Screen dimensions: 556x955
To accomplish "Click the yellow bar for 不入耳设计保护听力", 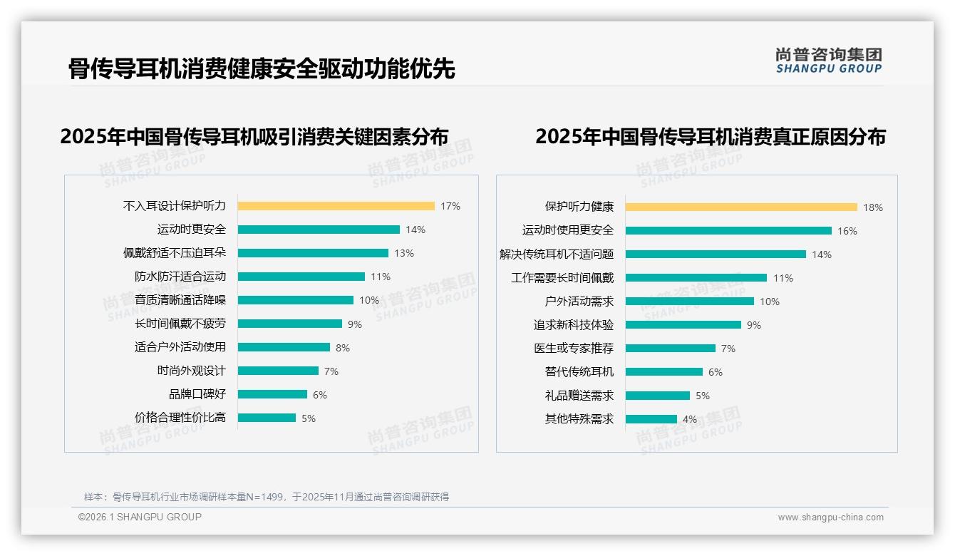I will (x=336, y=206).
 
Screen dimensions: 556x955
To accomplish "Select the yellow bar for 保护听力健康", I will (x=741, y=207).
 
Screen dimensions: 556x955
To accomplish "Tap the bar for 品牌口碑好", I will (x=272, y=394).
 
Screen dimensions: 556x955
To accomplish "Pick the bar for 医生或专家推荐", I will (x=670, y=349).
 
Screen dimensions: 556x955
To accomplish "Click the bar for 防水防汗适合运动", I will (x=301, y=277).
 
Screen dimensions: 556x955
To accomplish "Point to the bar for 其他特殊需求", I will (x=651, y=419).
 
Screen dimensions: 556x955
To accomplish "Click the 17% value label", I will (x=450, y=206).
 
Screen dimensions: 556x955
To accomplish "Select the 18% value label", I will (x=872, y=207).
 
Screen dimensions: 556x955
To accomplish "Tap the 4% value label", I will (x=689, y=419).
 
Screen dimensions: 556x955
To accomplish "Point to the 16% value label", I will (x=847, y=231).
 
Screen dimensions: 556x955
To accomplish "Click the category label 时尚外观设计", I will (x=191, y=371).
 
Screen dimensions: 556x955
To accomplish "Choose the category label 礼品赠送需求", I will (x=579, y=396).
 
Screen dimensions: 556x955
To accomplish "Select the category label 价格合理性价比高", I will (x=180, y=418).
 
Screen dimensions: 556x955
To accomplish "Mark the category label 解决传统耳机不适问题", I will (x=556, y=254).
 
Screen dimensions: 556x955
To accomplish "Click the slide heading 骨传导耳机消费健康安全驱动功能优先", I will (x=261, y=68).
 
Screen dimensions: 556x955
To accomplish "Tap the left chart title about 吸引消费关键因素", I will (x=254, y=136).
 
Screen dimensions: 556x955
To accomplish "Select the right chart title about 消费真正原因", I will (x=710, y=136).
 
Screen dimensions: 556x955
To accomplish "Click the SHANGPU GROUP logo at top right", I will (x=828, y=61).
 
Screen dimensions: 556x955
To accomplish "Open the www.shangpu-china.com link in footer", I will (x=830, y=518).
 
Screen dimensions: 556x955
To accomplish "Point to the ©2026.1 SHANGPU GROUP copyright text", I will (x=140, y=517).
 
